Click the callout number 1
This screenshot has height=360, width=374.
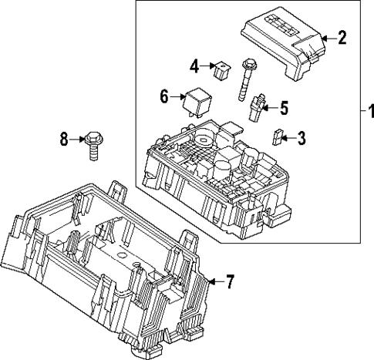tap(366, 113)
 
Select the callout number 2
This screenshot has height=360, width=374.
tap(342, 35)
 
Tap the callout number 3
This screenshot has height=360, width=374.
tap(302, 139)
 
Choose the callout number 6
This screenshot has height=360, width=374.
tap(164, 96)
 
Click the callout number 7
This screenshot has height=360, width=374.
tap(228, 282)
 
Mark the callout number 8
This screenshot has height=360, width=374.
tap(65, 139)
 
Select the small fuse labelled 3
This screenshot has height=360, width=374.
tap(278, 139)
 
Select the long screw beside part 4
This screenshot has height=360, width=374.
tap(248, 85)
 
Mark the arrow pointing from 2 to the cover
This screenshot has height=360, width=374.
tap(327, 36)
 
